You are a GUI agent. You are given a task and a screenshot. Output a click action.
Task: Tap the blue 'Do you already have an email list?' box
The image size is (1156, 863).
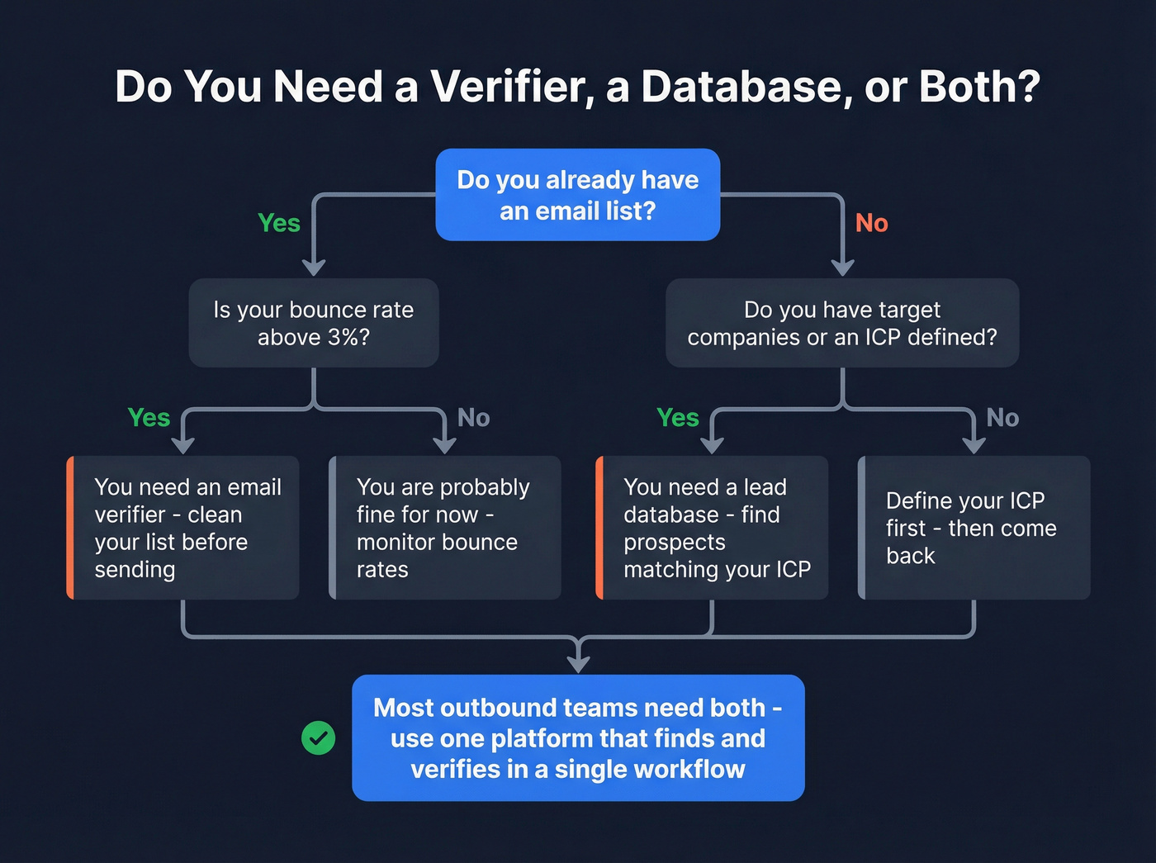point(578,195)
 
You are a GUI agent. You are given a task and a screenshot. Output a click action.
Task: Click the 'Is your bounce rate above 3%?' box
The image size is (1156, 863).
point(314,323)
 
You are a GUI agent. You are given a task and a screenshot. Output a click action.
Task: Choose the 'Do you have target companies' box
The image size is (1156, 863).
point(842,323)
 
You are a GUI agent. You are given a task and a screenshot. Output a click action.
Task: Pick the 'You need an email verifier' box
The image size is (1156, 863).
point(183,528)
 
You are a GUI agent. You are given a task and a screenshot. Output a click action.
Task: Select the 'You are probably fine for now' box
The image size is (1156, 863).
point(445,528)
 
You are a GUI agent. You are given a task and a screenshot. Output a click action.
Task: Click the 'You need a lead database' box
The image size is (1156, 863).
point(712,528)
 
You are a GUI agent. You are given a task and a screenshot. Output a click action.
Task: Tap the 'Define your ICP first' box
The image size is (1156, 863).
point(974,528)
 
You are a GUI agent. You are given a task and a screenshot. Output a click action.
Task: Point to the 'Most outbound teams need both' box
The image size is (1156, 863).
point(578,737)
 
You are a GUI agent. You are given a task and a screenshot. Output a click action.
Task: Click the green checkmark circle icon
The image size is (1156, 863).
point(319,737)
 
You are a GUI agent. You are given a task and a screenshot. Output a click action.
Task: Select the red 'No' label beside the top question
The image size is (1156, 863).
point(871,223)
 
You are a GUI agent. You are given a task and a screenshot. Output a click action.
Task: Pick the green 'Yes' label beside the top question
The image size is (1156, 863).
point(279,223)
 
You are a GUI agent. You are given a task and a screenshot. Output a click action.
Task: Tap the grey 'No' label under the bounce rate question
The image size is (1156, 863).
point(474,418)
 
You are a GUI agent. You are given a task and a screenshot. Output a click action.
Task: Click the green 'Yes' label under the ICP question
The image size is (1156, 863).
point(678,418)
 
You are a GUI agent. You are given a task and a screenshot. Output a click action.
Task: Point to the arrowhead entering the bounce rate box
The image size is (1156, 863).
point(314,268)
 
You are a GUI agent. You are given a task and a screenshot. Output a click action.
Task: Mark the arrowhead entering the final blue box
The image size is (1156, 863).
point(579,664)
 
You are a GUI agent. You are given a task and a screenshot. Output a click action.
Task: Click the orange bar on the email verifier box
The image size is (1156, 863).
point(71,528)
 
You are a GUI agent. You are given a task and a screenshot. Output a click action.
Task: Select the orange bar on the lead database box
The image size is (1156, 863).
point(599,528)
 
